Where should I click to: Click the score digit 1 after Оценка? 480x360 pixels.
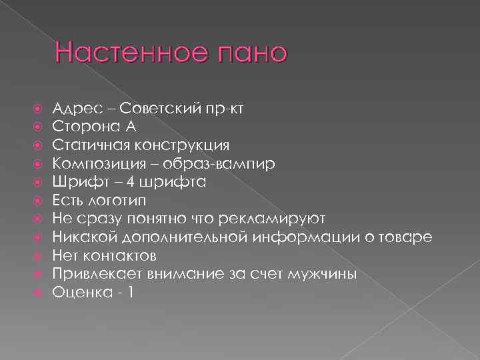tap(130, 292)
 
